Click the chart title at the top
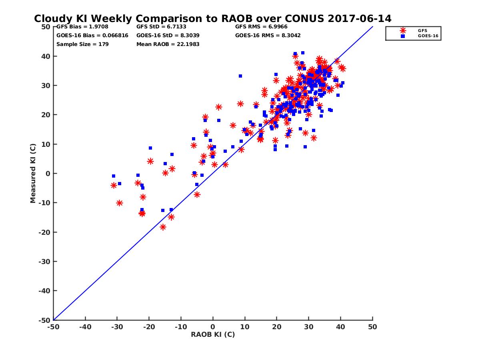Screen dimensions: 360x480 [x=212, y=19]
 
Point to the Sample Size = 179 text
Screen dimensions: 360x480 [x=82, y=44]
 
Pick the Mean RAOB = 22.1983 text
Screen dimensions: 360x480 [x=168, y=44]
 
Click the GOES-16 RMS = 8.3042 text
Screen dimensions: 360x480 [x=268, y=36]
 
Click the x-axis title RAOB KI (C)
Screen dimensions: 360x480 [x=213, y=334]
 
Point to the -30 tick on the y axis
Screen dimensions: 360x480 [x=44, y=262]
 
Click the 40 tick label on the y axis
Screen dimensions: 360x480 [x=46, y=56]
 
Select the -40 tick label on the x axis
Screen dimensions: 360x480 [x=85, y=327]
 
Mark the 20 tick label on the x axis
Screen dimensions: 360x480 [x=277, y=327]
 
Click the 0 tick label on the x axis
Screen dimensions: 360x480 [x=213, y=327]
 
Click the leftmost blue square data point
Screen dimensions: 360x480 [x=114, y=176]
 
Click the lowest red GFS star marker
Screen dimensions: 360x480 [x=163, y=227]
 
